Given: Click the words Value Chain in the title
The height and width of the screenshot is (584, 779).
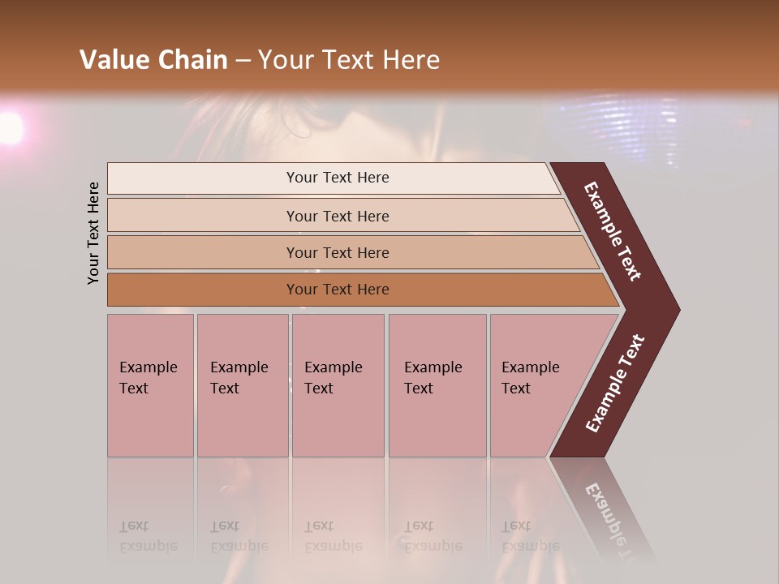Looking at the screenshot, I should pos(153,60).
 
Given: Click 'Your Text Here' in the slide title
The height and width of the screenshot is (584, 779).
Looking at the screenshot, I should pos(349,60).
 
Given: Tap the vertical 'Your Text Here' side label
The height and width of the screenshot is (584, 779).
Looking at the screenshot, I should pos(93,233).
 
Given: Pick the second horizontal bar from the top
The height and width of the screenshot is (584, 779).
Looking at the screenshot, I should pos(338,216).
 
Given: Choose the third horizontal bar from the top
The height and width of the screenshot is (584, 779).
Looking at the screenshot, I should pos(338,252).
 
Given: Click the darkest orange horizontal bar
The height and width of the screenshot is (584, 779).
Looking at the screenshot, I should pos(338,290).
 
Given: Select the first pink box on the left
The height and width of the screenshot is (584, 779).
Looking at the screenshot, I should pos(150,385).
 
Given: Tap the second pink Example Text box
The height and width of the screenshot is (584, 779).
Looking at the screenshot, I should pos(242,385).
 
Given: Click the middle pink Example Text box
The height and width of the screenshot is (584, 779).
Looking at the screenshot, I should pos(338,385).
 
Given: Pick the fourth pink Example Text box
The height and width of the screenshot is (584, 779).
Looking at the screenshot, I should pos(437,385).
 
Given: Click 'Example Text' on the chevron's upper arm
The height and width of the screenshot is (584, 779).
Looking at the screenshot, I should pos(613,231).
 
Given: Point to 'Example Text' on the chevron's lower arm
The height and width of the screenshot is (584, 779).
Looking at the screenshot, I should pos(615,384).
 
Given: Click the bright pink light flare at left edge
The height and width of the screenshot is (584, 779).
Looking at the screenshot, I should pos(10,128).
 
